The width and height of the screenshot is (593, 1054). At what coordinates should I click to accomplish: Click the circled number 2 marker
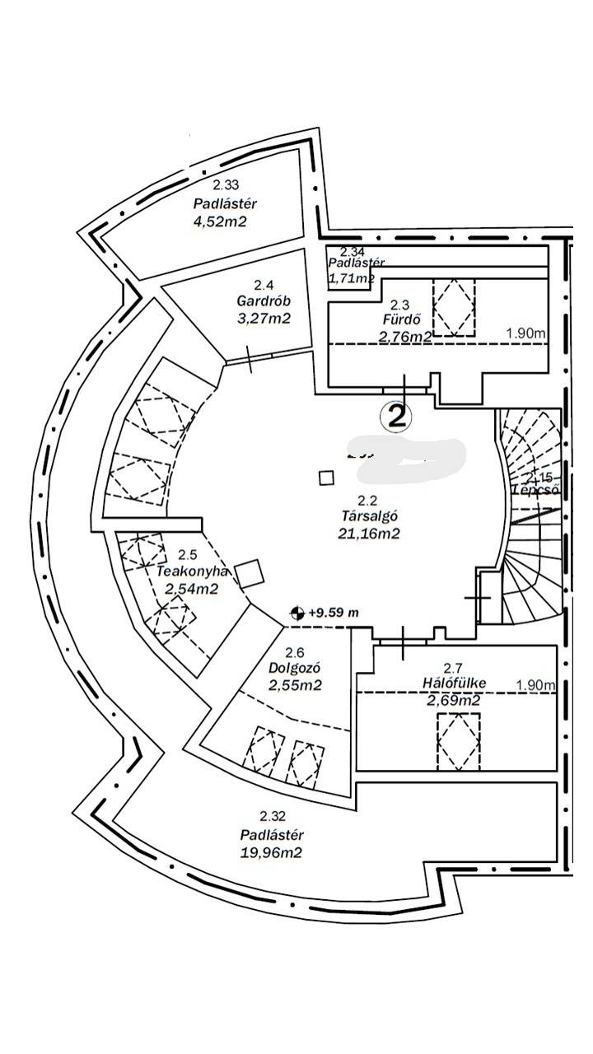(x=396, y=416)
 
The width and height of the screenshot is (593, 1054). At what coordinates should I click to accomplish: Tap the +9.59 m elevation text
(x=334, y=613)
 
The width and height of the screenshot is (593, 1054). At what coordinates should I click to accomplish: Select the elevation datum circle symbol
(x=297, y=613)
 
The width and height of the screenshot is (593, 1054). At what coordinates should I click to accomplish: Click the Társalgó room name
(x=370, y=516)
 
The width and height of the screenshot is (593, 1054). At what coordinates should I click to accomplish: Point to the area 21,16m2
(x=370, y=534)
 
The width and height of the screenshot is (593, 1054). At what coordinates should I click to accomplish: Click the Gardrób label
(x=263, y=301)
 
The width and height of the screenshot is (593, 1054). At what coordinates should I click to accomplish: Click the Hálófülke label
(x=454, y=683)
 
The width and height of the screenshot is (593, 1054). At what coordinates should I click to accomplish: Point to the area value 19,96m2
(x=271, y=852)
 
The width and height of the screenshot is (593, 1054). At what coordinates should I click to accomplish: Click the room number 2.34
(x=353, y=250)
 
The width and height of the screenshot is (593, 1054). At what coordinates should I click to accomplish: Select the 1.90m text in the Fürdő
(x=526, y=333)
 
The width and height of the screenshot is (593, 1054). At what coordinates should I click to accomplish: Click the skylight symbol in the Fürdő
(x=454, y=306)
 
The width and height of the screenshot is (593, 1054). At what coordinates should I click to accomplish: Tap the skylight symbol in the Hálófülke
(x=458, y=741)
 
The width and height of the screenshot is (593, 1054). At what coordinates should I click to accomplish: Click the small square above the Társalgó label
(x=327, y=478)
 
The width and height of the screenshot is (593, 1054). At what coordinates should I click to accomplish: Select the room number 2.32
(x=272, y=817)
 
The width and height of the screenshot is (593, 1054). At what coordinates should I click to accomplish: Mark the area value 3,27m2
(x=263, y=318)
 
